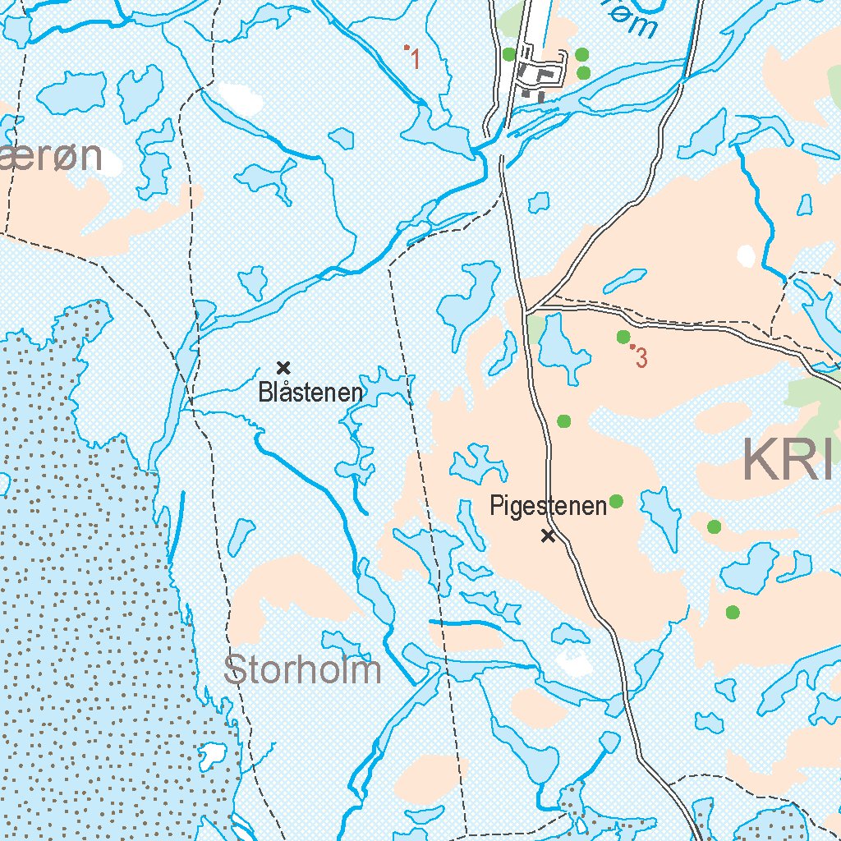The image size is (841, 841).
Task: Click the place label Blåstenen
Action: pyautogui.click(x=310, y=393)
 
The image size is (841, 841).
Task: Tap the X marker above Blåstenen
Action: pyautogui.click(x=284, y=367)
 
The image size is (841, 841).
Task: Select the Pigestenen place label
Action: pyautogui.click(x=547, y=505)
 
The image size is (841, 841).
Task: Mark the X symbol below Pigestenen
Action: pyautogui.click(x=548, y=536)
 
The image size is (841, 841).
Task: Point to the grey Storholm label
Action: pyautogui.click(x=302, y=670)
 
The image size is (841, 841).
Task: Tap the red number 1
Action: pyautogui.click(x=416, y=59)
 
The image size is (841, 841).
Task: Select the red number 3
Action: pyautogui.click(x=642, y=358)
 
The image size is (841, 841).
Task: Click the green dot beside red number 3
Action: pyautogui.click(x=623, y=337)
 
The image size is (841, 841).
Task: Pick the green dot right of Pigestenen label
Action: pyautogui.click(x=616, y=501)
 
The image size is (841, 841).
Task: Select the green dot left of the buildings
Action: pyautogui.click(x=508, y=54)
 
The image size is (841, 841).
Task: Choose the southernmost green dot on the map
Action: pyautogui.click(x=733, y=612)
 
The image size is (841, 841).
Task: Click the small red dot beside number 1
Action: pyautogui.click(x=407, y=48)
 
